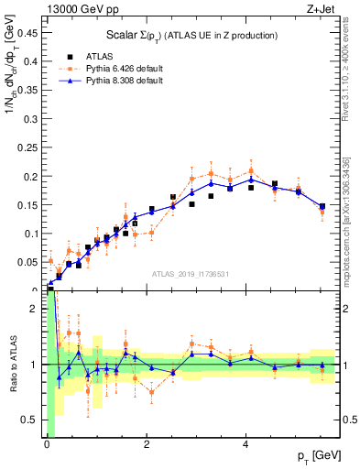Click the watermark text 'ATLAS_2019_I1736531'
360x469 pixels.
tap(190, 273)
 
